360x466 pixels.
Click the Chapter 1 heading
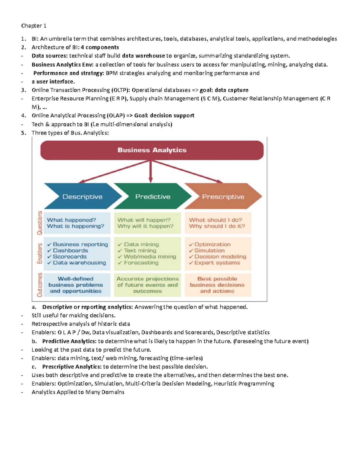pyautogui.click(x=34, y=26)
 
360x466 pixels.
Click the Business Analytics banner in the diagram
pyautogui.click(x=152, y=150)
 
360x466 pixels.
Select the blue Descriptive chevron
pyautogui.click(x=82, y=197)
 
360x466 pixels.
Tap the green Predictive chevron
pyautogui.click(x=152, y=197)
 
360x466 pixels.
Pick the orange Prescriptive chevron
pyautogui.click(x=223, y=197)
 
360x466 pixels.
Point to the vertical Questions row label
pyautogui.click(x=39, y=223)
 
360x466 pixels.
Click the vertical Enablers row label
pyautogui.click(x=39, y=254)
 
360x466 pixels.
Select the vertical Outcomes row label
pyautogui.click(x=39, y=285)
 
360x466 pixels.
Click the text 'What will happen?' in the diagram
pyautogui.click(x=144, y=220)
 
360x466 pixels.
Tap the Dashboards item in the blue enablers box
pyautogui.click(x=70, y=251)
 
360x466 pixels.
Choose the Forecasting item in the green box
pyautogui.click(x=141, y=263)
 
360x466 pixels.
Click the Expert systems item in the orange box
pyautogui.click(x=217, y=263)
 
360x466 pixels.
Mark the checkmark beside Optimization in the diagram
pyautogui.click(x=191, y=245)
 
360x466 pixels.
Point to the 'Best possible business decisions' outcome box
pyautogui.click(x=217, y=285)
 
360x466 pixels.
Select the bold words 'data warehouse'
pyautogui.click(x=143, y=56)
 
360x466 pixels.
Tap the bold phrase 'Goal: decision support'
pyautogui.click(x=164, y=116)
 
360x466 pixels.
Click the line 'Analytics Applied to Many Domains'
pyautogui.click(x=78, y=392)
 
